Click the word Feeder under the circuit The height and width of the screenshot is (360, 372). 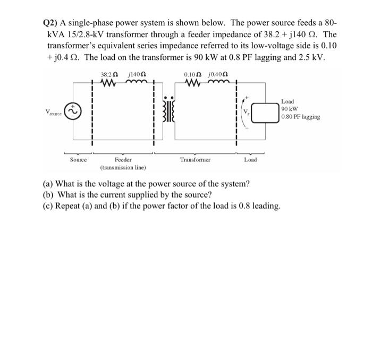[123, 159]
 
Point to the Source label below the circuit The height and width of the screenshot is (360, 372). [79, 159]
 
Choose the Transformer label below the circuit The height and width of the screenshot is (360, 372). [195, 159]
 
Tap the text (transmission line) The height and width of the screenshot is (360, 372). [123, 167]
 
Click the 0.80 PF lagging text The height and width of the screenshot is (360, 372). [301, 117]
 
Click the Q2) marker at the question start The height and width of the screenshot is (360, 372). [51, 25]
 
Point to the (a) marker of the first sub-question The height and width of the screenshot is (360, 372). [48, 184]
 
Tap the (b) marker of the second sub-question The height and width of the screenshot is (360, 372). [48, 195]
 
